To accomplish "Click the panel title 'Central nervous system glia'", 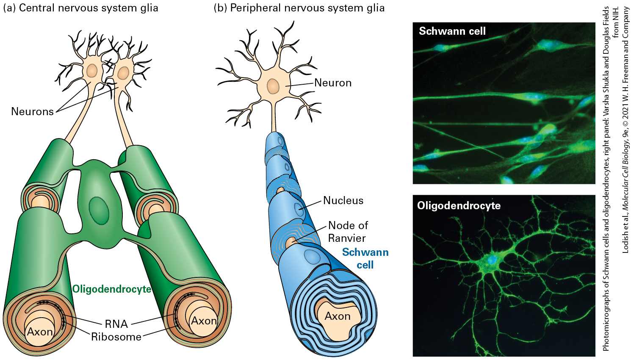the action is click(x=89, y=8).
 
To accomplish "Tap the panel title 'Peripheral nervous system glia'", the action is click(x=307, y=8).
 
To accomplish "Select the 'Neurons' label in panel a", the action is click(x=32, y=111).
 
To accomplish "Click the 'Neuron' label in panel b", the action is click(x=333, y=83).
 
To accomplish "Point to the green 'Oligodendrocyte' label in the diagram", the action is click(x=112, y=289).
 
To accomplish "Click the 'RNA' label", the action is click(x=116, y=324).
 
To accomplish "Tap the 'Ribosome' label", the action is click(x=116, y=337).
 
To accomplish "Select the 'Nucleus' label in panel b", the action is click(x=343, y=201).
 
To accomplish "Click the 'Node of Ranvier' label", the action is click(x=348, y=232).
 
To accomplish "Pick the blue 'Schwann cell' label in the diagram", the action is click(x=365, y=258).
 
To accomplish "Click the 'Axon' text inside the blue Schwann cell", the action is click(x=338, y=316).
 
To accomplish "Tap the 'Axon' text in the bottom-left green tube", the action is click(x=40, y=332).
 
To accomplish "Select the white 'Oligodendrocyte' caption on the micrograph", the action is click(x=459, y=206).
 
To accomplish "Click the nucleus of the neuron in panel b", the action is click(x=272, y=86).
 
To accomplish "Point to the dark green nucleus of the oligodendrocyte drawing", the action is click(x=99, y=210).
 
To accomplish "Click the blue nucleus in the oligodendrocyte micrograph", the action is click(x=492, y=260).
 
